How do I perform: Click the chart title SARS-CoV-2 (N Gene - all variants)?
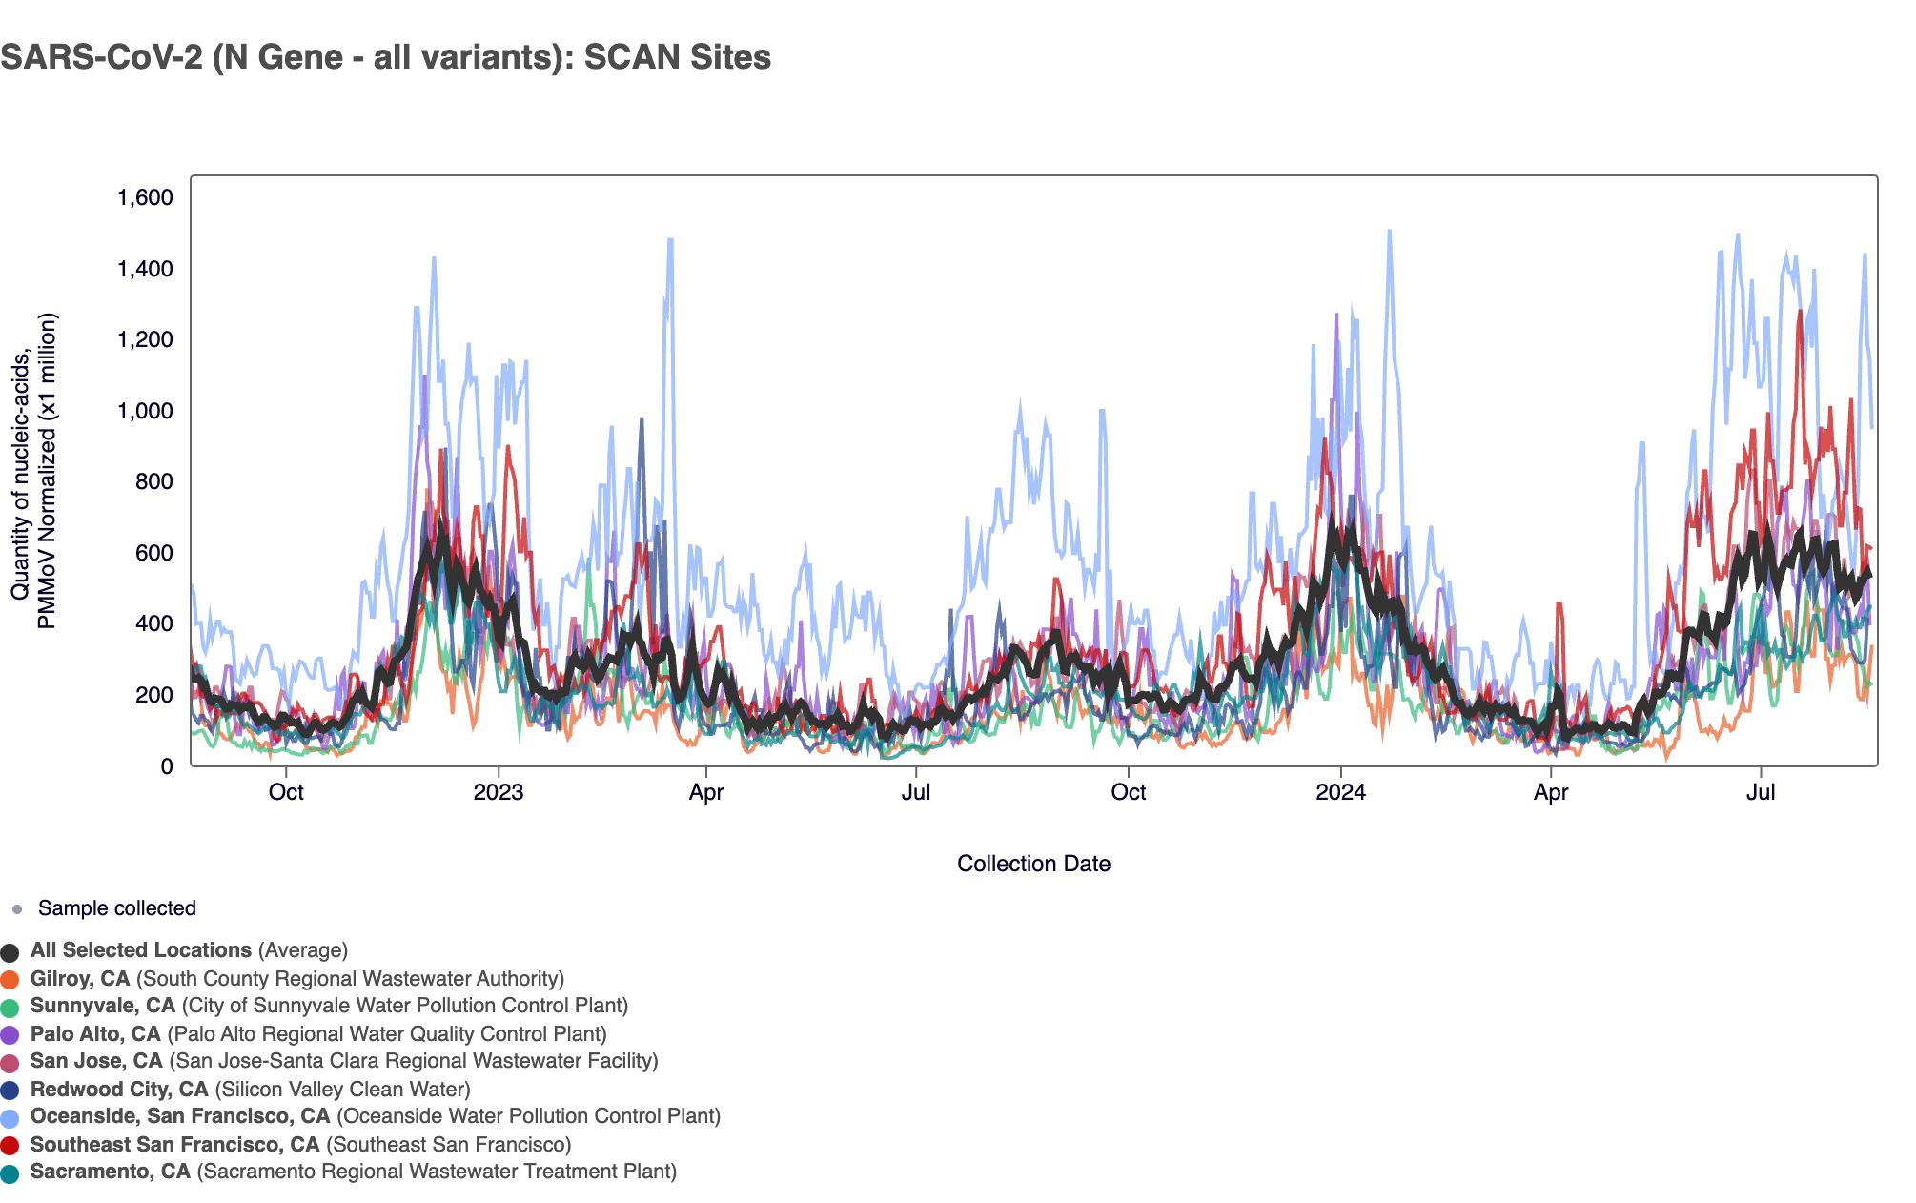385,57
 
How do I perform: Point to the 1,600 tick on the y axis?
145,197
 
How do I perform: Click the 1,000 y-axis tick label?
145,411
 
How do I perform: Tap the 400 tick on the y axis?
153,623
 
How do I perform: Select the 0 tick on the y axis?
167,765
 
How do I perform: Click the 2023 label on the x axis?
499,792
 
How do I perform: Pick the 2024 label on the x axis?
1340,792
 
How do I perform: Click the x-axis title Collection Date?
1033,864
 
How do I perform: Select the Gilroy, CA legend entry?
80,979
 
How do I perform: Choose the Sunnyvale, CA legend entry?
103,1006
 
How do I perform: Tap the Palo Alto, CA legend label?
95,1034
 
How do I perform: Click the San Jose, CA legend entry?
96,1061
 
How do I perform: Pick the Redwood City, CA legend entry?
119,1090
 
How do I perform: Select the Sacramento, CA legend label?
111,1172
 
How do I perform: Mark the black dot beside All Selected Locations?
10,952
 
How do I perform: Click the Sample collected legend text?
116,908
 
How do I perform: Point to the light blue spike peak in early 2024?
1389,231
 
